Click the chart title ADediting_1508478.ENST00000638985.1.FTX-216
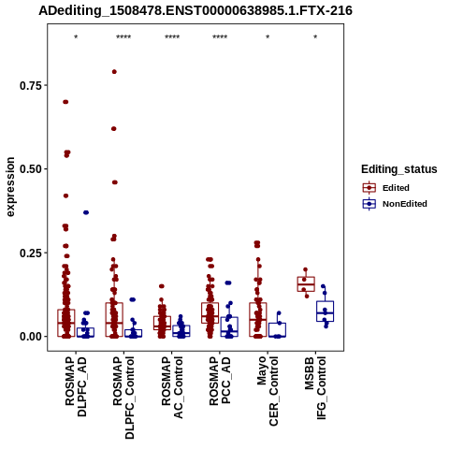(196, 11)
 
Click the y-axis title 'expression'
(10, 187)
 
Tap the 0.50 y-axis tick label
(31, 169)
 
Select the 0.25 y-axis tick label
(31, 253)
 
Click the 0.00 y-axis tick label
(31, 337)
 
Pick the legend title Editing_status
(399, 169)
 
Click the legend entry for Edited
(385, 188)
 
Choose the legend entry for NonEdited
(395, 204)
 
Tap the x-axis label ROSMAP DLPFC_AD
(76, 386)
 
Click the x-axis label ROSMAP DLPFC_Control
(123, 398)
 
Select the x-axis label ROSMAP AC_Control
(172, 387)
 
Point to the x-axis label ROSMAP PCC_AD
(220, 381)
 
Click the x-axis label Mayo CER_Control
(268, 391)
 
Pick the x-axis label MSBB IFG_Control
(315, 388)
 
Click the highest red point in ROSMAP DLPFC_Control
(114, 72)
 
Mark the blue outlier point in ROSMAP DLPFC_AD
(86, 212)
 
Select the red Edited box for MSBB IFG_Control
(306, 284)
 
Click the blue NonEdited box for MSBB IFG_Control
(325, 311)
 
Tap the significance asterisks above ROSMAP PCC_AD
(220, 37)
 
